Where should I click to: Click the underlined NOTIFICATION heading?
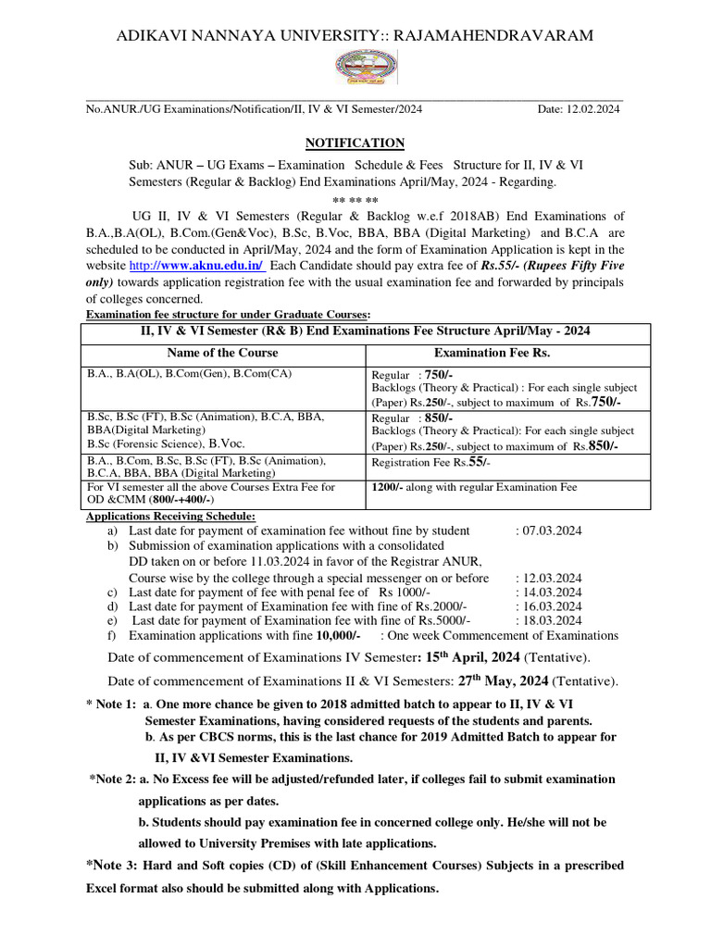pyautogui.click(x=355, y=143)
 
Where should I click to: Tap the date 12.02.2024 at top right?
pyautogui.click(x=592, y=109)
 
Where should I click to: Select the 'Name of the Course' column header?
pyautogui.click(x=222, y=353)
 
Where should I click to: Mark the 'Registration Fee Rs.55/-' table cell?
pyautogui.click(x=431, y=461)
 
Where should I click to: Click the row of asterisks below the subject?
pyautogui.click(x=355, y=199)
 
